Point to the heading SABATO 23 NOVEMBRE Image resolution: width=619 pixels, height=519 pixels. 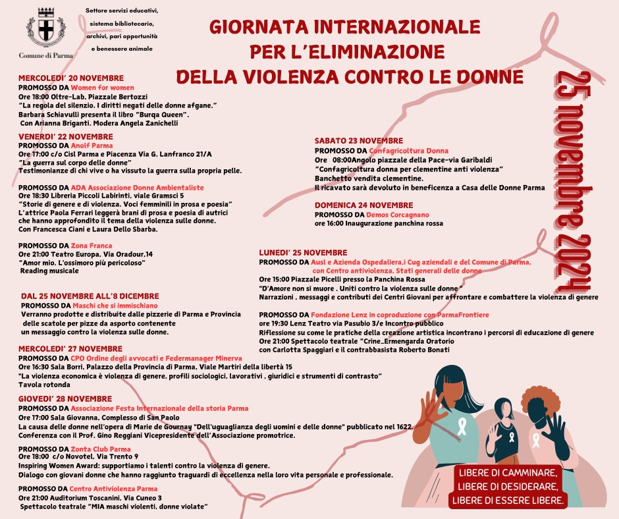pos(358,141)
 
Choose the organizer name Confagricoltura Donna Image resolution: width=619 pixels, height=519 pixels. pos(408,151)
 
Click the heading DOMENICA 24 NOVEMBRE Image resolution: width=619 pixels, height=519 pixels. pos(363,205)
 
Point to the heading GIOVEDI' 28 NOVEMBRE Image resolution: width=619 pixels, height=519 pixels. pos(65,399)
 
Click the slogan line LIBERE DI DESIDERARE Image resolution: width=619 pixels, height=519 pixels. pos(508,487)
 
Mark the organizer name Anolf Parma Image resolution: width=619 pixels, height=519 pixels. pos(92,146)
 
